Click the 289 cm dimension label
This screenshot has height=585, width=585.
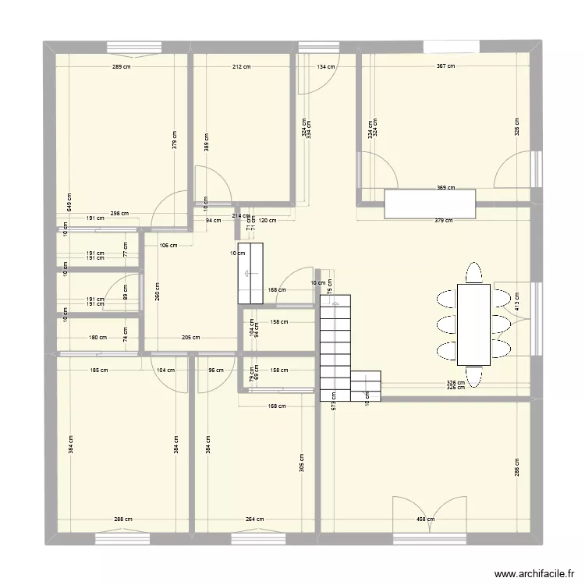point(121,66)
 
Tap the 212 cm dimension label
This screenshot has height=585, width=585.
point(242,66)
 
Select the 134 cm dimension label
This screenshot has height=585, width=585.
point(325,66)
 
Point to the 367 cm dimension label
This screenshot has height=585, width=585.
point(445,66)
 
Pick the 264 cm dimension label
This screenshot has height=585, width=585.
point(254,519)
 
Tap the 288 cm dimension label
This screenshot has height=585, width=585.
point(123,519)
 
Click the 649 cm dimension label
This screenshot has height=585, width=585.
point(69,203)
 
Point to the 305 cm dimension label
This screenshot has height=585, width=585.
point(303,463)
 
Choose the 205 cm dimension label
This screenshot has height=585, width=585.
point(190,338)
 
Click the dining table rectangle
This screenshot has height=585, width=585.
point(473,324)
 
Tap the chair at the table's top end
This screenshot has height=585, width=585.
point(473,274)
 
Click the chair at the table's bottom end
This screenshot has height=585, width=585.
point(473,375)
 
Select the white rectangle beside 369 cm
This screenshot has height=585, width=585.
point(430,204)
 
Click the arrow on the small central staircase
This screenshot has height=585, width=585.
point(250,274)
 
